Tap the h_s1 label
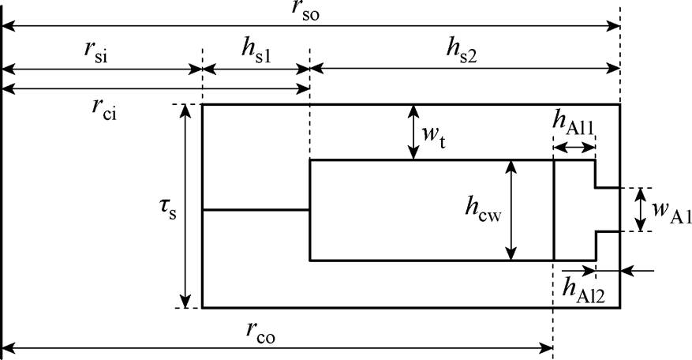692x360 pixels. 255,51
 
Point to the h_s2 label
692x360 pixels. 463,51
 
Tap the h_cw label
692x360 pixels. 483,209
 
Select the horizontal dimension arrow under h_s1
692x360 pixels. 256,69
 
